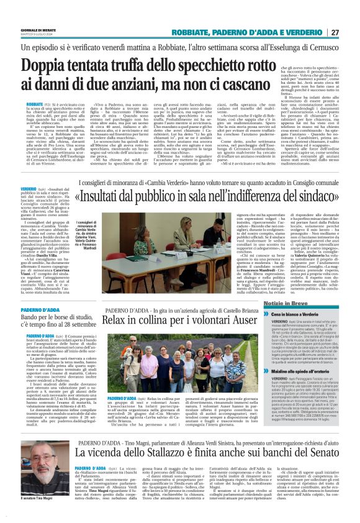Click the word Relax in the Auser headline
pos(119,322)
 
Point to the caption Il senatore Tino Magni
pos(44,515)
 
